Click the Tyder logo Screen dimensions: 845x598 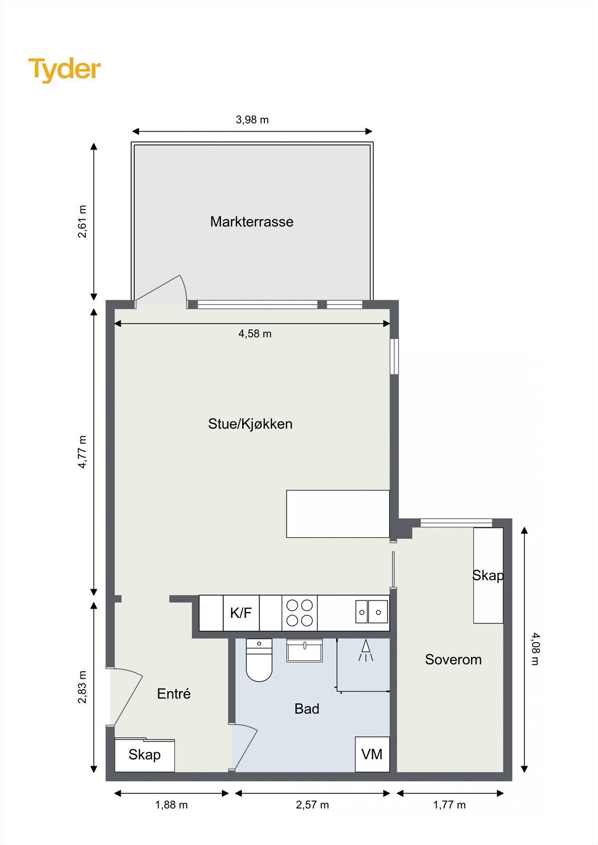(65, 69)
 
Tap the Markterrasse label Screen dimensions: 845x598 (252, 222)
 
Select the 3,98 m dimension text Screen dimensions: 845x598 (252, 120)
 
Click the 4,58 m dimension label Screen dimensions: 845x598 (255, 334)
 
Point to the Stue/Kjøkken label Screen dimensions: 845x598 (250, 424)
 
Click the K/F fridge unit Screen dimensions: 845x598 (241, 613)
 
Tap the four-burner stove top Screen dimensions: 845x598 (299, 613)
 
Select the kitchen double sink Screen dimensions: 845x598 (371, 612)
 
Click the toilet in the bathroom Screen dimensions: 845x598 (259, 660)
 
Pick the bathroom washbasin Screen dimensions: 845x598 (305, 650)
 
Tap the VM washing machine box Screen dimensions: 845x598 (372, 754)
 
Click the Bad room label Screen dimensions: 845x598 (307, 709)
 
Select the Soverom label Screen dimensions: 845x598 (453, 660)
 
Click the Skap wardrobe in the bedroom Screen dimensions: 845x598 (488, 576)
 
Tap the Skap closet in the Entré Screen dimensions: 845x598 (144, 755)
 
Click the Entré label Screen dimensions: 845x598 (173, 694)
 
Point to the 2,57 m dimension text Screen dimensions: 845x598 (312, 805)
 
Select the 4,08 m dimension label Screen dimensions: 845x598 (535, 649)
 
